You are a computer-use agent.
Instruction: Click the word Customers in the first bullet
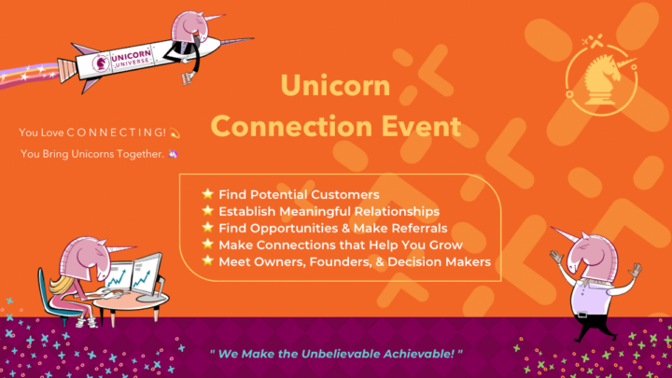click(343, 195)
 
